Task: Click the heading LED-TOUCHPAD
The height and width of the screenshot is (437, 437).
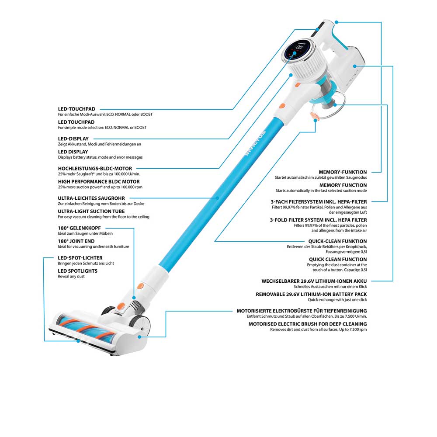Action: pyautogui.click(x=76, y=108)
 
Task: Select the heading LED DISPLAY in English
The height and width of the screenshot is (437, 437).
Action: pyautogui.click(x=73, y=152)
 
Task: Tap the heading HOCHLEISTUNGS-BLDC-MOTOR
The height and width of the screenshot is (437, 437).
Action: pyautogui.click(x=94, y=168)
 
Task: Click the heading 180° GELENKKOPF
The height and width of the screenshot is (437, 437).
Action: pyautogui.click(x=79, y=228)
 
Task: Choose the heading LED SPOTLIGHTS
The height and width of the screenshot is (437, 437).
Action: pyautogui.click(x=77, y=271)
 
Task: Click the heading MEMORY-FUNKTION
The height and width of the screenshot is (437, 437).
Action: pyautogui.click(x=343, y=172)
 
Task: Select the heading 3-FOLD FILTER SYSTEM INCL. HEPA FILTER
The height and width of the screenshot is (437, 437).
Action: pyautogui.click(x=318, y=220)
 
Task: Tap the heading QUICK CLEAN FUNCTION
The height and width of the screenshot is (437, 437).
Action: pyautogui.click(x=338, y=259)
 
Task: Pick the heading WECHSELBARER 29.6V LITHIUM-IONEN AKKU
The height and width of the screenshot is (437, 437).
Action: pyautogui.click(x=314, y=281)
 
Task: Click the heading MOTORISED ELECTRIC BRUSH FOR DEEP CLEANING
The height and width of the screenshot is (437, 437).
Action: pyautogui.click(x=308, y=324)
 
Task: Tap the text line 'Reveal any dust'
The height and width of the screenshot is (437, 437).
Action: pyautogui.click(x=71, y=277)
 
